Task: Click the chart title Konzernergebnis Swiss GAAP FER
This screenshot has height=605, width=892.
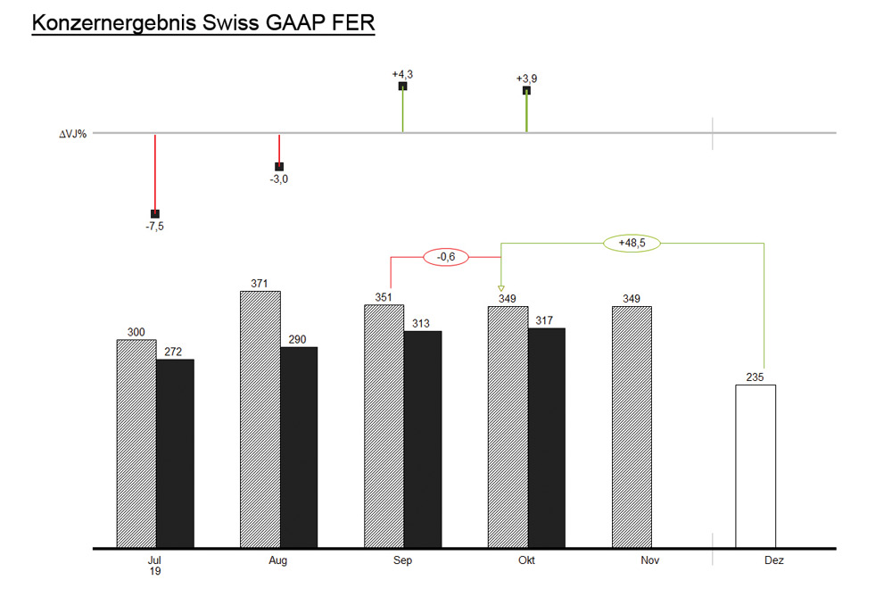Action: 202,23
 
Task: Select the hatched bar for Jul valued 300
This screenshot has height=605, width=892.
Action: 136,443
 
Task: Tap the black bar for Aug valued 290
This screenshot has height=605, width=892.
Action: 299,446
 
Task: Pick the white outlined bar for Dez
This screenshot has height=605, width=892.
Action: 756,465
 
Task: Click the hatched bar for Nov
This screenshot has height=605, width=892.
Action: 632,427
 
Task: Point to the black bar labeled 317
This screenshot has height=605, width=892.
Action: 547,437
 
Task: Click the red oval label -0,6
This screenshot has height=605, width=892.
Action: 445,257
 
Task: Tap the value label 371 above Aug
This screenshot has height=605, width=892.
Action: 260,284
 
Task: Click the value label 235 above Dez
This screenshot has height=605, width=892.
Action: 756,377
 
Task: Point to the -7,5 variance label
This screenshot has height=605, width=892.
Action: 155,227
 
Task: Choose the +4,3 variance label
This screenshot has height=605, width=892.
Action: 402,74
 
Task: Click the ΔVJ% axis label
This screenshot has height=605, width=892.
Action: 72,134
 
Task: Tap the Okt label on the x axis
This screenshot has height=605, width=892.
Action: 526,561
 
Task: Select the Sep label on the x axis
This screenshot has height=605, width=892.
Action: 402,561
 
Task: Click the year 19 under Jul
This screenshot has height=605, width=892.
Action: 155,572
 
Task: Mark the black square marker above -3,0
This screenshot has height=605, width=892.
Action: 279,167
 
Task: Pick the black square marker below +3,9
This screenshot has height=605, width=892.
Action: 526,90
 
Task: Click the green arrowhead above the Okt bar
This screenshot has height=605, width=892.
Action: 501,287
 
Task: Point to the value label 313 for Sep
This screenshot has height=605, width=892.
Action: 423,324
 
